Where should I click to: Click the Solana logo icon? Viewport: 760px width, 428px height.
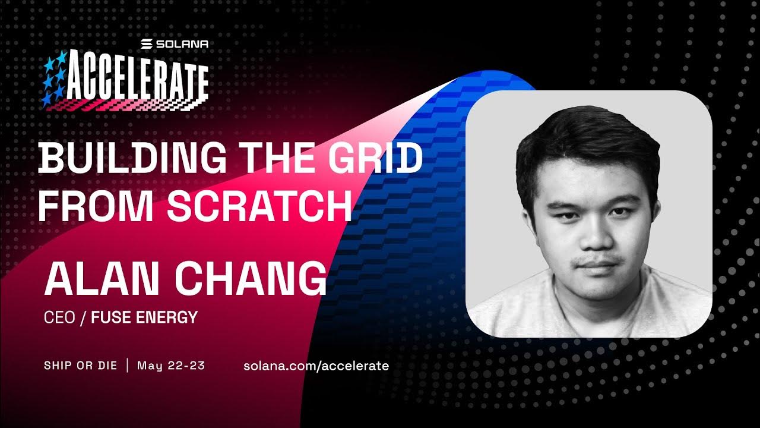tap(146, 44)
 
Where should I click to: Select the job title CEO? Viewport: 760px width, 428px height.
tap(59, 317)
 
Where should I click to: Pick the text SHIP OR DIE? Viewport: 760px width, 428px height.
tap(80, 365)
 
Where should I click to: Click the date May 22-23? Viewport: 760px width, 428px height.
tap(171, 365)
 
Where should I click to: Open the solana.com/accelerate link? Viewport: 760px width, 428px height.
tap(316, 366)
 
